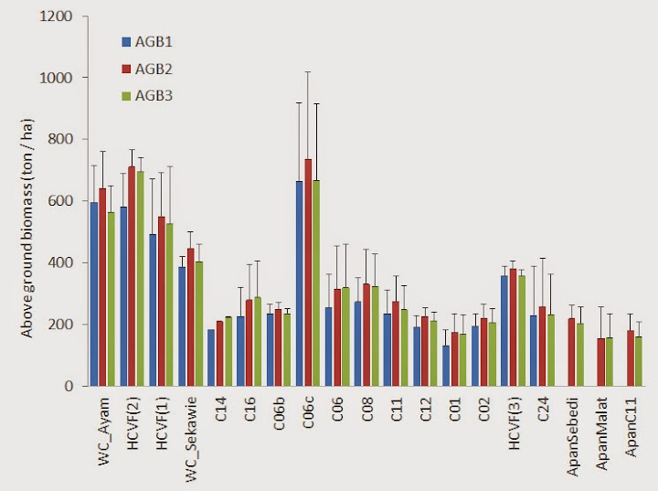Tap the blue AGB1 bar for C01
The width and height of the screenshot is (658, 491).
445,366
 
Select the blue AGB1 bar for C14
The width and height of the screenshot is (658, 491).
211,358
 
